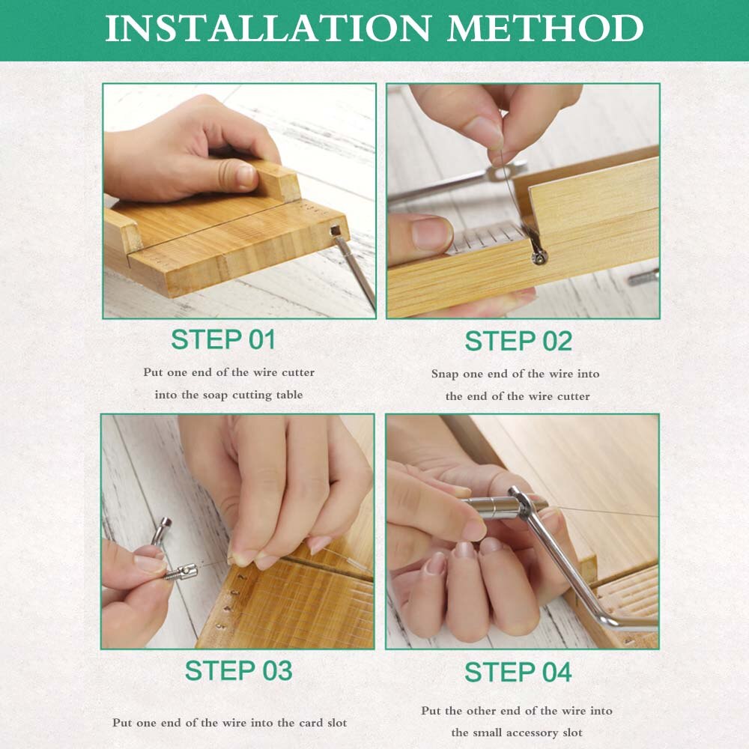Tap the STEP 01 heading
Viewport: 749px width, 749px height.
point(223,339)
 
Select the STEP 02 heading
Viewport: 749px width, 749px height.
point(518,341)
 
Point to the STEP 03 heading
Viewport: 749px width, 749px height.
point(238,670)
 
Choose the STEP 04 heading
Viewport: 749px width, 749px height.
point(518,672)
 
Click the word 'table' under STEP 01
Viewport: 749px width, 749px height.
point(287,395)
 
